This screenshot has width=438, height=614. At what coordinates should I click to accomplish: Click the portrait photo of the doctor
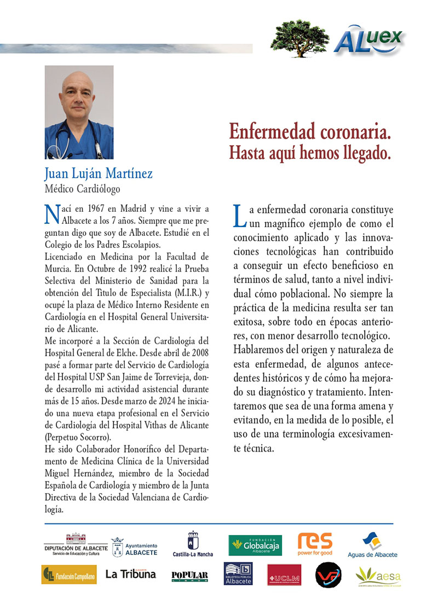coord(79,112)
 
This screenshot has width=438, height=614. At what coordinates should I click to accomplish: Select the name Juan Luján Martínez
coord(99,174)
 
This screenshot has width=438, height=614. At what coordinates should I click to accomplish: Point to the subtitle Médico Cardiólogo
coord(82,189)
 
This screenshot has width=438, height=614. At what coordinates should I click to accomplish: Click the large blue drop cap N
coord(51,215)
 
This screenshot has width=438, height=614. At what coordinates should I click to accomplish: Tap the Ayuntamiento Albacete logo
coord(134,546)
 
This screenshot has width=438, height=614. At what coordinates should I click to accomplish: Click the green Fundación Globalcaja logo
coord(255,545)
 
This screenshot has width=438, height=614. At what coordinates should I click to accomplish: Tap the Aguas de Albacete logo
coord(373,545)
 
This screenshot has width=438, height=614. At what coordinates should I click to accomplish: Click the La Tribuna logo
coord(130,574)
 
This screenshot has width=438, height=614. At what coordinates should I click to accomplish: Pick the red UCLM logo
coord(284,575)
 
